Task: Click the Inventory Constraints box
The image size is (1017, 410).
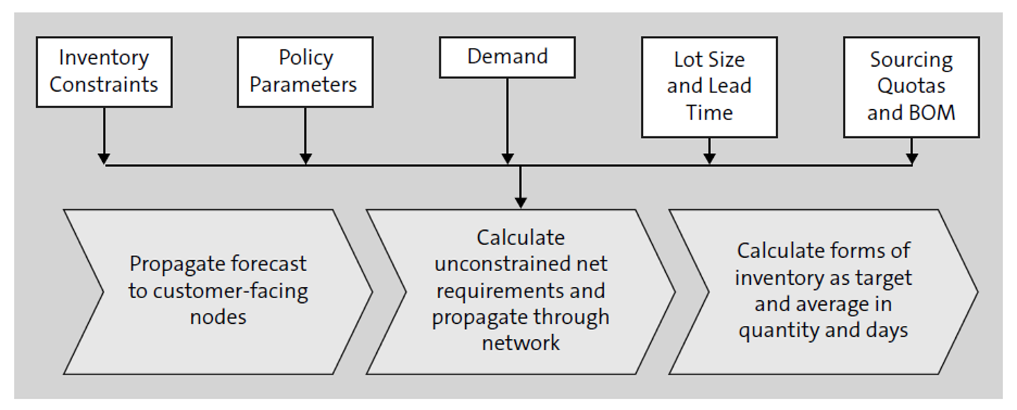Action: click(104, 72)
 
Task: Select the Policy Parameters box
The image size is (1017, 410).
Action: click(304, 72)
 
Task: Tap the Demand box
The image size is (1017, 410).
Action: click(507, 57)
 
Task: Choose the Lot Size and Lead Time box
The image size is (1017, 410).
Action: click(708, 87)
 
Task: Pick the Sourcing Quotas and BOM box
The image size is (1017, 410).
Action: click(911, 87)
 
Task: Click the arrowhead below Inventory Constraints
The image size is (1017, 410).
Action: click(104, 158)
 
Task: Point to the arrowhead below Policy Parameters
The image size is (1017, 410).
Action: click(304, 158)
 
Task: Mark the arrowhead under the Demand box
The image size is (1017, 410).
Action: click(507, 158)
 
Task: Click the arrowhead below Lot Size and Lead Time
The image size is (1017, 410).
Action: click(708, 158)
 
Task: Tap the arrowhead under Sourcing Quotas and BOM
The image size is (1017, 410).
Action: click(911, 158)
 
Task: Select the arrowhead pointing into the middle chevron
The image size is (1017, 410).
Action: click(520, 202)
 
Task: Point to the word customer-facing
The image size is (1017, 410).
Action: click(230, 291)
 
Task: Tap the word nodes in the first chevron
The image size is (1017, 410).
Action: click(218, 318)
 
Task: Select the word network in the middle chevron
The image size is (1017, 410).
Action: click(521, 343)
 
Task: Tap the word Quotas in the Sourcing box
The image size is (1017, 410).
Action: click(911, 86)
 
